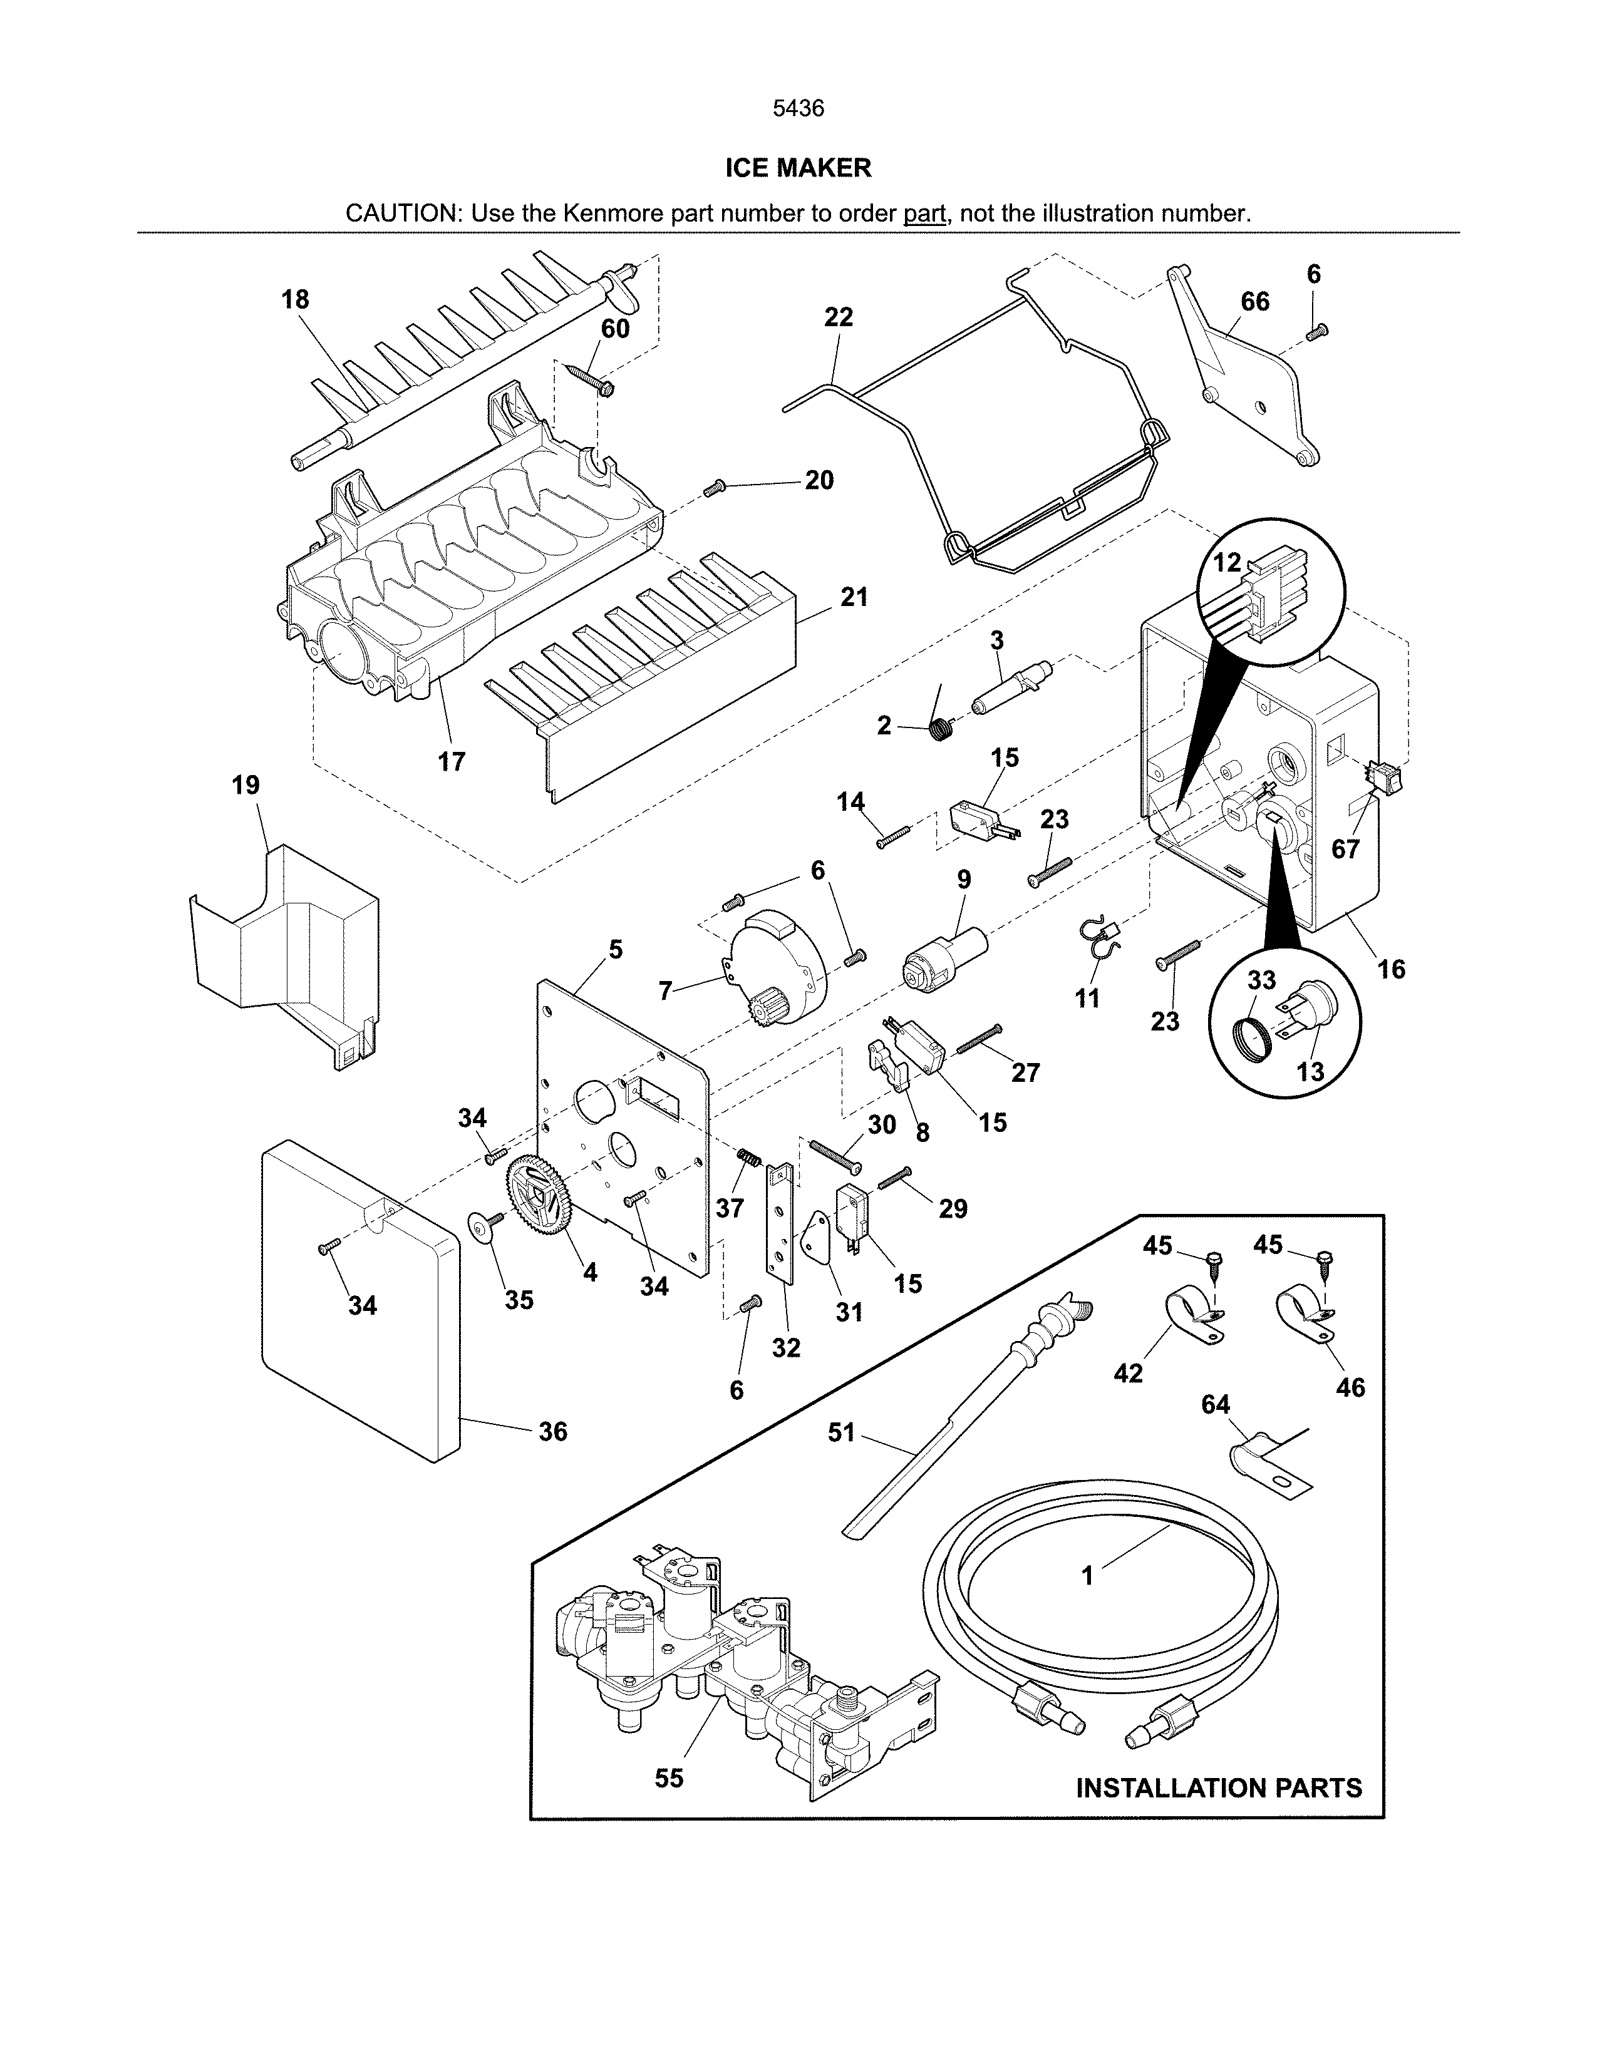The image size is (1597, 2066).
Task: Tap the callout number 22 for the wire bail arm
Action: click(x=838, y=317)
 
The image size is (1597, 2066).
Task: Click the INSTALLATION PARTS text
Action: click(x=1219, y=1788)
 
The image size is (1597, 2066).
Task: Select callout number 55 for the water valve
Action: click(x=668, y=1779)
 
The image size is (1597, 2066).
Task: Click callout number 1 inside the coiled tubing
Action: click(x=1087, y=1576)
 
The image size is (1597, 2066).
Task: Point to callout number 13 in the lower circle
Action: click(x=1310, y=1072)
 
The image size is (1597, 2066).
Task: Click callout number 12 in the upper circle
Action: click(x=1226, y=562)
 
